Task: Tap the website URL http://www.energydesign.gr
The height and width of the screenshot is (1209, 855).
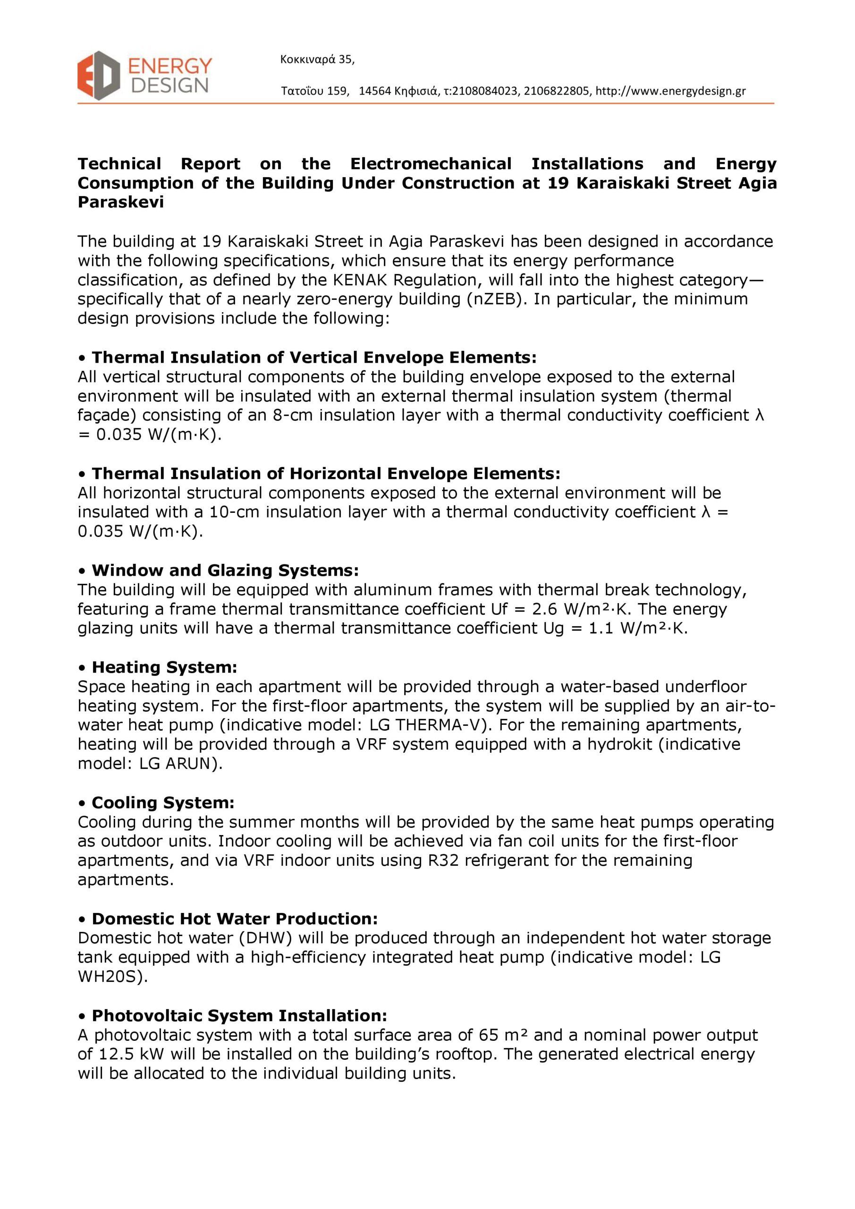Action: pos(670,91)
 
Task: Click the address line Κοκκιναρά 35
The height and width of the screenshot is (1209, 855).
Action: pos(317,60)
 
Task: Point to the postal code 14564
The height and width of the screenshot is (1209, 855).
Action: pos(375,91)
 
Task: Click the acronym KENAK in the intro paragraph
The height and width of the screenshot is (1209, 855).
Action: pos(360,280)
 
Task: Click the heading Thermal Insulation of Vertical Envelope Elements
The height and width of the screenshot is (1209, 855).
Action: pos(314,358)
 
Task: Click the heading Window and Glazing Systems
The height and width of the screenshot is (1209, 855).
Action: pos(225,570)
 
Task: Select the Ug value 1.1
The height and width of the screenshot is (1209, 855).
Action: pos(601,628)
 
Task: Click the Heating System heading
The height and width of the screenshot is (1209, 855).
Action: pos(164,667)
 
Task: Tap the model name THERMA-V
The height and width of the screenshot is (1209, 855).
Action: pos(440,725)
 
